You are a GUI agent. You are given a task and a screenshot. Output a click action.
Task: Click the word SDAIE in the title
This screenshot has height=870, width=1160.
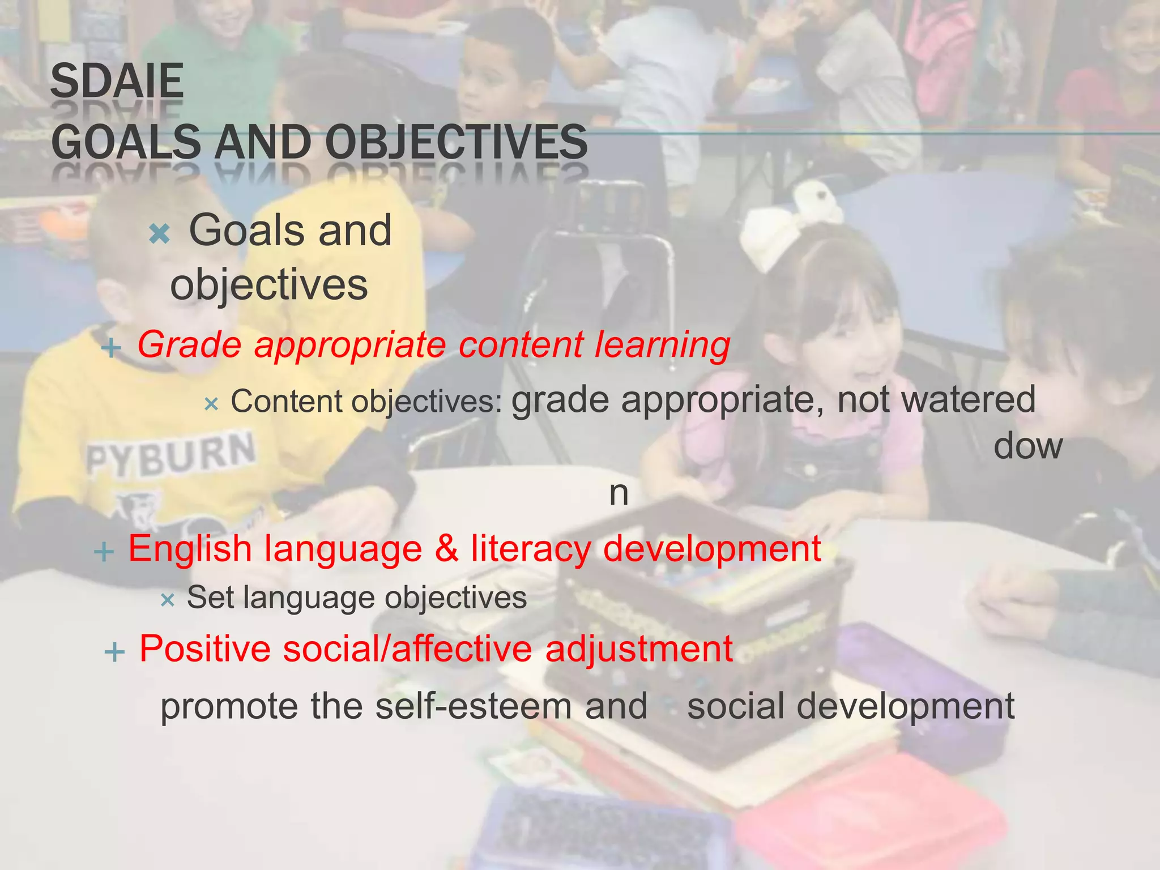tap(117, 81)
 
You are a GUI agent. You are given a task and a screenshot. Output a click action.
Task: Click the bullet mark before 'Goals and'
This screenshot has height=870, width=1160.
tap(160, 233)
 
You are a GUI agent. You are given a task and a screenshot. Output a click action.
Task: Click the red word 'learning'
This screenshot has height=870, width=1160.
tap(662, 345)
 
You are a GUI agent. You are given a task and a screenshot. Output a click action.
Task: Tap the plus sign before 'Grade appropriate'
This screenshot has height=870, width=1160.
tap(111, 348)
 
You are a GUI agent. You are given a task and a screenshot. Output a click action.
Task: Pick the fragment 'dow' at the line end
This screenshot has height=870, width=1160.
tap(1027, 446)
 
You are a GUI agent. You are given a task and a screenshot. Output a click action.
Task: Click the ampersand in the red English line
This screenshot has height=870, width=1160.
tap(447, 548)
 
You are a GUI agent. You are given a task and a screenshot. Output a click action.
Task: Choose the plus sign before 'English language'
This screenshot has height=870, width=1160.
tap(104, 552)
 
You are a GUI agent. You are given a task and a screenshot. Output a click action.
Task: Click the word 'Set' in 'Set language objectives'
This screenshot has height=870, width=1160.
tap(210, 598)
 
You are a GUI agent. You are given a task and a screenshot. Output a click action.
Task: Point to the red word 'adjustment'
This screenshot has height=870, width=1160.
tap(639, 649)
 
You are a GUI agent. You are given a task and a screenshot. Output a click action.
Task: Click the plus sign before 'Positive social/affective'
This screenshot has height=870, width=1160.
tap(114, 652)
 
